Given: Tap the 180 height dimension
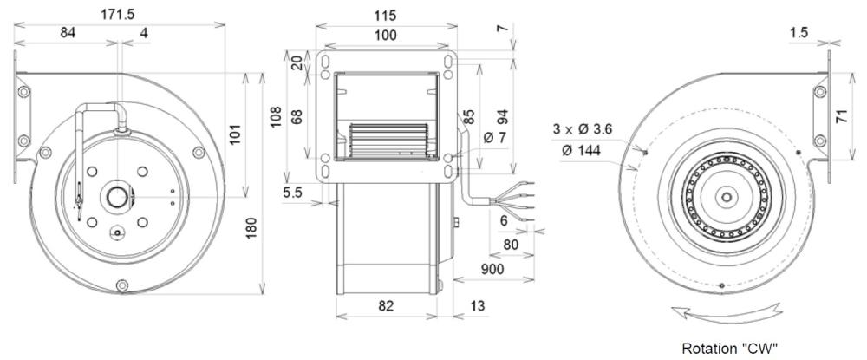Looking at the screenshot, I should coord(252,229).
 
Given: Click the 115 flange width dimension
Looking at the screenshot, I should coord(379,16).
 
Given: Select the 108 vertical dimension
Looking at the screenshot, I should coord(277,117).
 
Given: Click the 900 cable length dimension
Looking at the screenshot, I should coord(492,270).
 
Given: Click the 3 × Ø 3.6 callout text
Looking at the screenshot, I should coord(583,129).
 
